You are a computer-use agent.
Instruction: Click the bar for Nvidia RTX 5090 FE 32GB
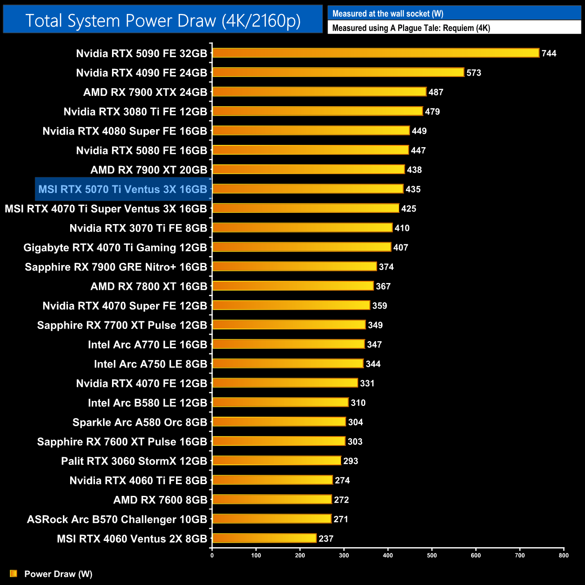[376, 53]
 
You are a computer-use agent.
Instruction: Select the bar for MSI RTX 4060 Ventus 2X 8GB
[265, 538]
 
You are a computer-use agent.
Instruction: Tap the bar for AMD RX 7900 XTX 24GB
[319, 92]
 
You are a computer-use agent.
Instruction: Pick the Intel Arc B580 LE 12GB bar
[280, 402]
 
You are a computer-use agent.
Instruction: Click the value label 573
[474, 73]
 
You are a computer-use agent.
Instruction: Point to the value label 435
[413, 189]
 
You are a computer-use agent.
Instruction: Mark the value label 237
[326, 539]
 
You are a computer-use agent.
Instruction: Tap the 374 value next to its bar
[386, 267]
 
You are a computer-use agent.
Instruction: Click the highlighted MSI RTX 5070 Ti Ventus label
[123, 189]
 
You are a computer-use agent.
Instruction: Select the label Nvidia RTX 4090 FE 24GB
[141, 73]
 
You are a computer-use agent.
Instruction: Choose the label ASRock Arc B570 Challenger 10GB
[117, 519]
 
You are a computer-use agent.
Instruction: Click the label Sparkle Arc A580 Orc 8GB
[139, 423]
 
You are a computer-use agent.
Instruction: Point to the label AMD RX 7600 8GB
[160, 500]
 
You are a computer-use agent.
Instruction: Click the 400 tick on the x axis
[388, 555]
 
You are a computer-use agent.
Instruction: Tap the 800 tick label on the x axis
[563, 555]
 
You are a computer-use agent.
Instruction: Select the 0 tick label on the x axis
[212, 555]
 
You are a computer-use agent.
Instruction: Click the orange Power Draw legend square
[13, 574]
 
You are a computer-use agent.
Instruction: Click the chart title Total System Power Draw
[163, 21]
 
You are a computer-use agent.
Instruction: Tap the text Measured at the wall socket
[387, 14]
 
